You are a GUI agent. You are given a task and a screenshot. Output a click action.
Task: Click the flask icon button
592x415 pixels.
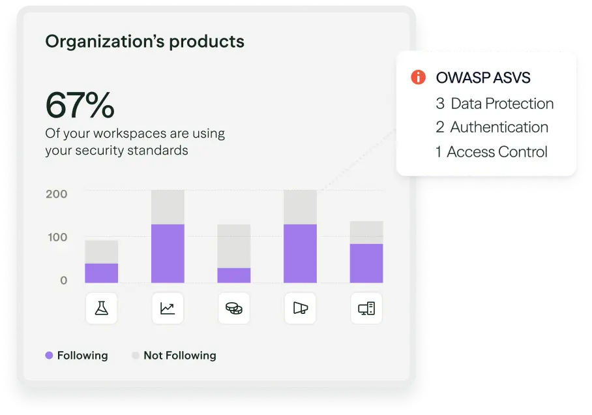(101, 308)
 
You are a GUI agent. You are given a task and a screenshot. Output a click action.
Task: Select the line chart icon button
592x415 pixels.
(168, 308)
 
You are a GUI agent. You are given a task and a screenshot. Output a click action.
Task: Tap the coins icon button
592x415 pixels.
(233, 308)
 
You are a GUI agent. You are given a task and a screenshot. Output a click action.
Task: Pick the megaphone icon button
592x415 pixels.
(300, 308)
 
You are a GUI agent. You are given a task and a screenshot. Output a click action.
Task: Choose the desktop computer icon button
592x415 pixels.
(366, 308)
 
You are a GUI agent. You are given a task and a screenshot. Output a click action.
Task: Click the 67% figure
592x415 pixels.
(80, 104)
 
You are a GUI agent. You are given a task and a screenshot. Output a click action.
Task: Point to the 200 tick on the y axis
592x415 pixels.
(57, 194)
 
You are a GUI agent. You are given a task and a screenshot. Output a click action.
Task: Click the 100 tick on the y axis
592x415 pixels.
(57, 237)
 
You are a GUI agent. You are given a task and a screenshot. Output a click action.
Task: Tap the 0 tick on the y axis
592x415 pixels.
(64, 280)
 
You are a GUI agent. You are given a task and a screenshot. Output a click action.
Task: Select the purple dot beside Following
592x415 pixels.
(49, 356)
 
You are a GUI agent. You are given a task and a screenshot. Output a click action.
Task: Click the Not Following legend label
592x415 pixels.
(179, 356)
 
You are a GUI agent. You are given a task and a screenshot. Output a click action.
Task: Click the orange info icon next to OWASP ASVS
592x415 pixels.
(419, 78)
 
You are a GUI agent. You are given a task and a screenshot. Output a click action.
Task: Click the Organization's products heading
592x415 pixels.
(145, 42)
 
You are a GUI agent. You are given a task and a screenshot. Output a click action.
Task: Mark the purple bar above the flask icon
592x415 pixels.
(101, 273)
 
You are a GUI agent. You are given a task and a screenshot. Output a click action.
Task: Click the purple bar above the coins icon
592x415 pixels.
(233, 275)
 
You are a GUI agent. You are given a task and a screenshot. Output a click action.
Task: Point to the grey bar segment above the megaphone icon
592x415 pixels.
(300, 207)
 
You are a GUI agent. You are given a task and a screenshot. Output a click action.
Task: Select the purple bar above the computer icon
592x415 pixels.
(366, 263)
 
